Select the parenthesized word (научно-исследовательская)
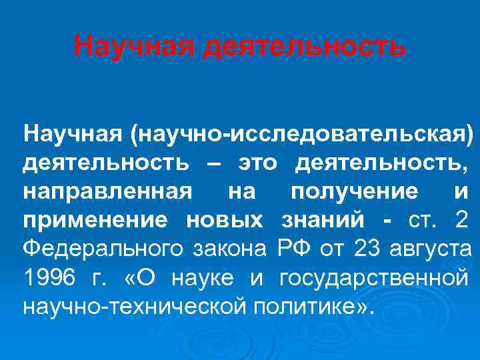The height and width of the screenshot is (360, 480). point(303,134)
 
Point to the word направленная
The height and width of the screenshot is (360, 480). point(108,192)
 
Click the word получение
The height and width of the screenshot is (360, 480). point(355,192)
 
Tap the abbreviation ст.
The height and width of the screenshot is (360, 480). point(419,221)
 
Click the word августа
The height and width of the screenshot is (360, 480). point(433,250)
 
